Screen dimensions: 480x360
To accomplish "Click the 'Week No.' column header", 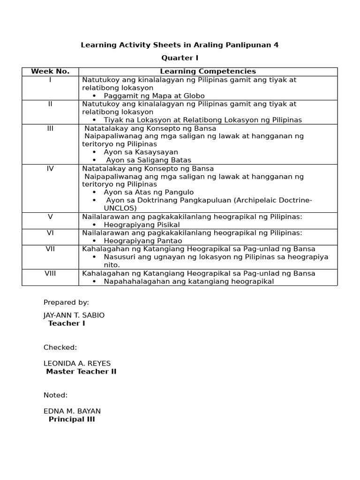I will [50, 71].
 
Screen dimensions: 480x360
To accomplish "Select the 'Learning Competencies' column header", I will [208, 71].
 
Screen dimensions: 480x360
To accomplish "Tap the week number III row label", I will [50, 128].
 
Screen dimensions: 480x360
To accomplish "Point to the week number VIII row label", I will [50, 273].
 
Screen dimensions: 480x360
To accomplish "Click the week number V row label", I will [50, 217].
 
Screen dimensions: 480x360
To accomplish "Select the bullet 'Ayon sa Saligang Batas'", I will [149, 160].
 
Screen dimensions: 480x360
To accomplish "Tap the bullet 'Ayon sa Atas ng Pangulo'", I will [149, 192].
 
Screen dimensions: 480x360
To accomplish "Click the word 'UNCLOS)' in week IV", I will [120, 208].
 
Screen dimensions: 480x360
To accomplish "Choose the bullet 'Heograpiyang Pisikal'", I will [142, 225].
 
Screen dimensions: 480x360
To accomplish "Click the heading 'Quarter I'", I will [180, 58].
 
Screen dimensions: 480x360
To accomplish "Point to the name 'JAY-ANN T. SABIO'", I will [74, 315].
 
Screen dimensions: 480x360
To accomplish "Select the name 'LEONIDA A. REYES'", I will [77, 363].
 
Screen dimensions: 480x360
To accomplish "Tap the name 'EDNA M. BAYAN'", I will [72, 411].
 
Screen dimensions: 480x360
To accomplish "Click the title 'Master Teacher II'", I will [81, 372].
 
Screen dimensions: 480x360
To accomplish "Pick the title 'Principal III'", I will [72, 420].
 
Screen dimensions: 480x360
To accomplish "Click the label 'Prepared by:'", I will [66, 302].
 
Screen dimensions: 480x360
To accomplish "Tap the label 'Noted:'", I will [56, 395].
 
